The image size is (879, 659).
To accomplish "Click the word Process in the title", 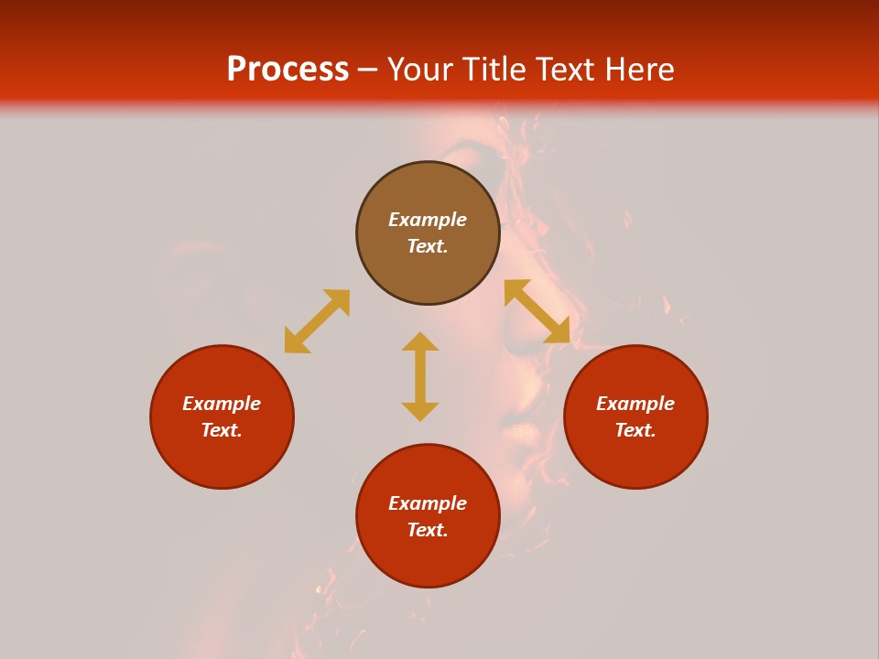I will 288,70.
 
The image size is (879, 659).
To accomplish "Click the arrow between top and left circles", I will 317,321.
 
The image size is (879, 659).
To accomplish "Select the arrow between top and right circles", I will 537,312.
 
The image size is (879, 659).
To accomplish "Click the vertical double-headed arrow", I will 420,376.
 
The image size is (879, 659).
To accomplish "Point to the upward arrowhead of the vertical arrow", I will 420,340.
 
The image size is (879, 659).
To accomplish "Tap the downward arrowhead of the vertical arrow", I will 420,412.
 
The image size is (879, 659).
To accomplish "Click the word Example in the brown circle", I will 428,220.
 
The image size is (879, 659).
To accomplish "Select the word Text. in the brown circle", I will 428,246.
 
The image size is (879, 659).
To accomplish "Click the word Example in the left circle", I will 222,404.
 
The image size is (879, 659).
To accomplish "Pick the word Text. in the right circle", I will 635,430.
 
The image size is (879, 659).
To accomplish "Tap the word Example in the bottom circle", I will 428,503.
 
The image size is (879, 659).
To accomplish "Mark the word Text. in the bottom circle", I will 428,530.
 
